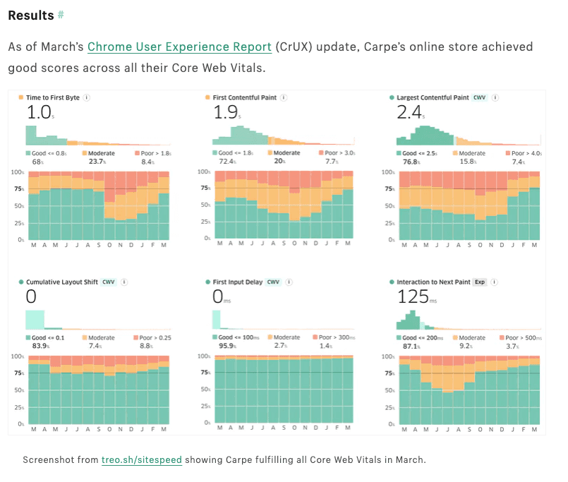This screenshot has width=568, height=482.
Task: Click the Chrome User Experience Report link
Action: [179, 47]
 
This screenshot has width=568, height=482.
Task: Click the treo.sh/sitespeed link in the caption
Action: [141, 459]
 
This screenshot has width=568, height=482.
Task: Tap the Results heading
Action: [31, 15]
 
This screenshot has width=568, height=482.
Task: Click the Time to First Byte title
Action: [53, 97]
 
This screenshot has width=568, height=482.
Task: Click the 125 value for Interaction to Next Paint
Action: [413, 296]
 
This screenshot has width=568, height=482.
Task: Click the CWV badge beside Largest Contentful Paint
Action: [480, 97]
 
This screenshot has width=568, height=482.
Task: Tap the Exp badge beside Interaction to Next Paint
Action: [479, 282]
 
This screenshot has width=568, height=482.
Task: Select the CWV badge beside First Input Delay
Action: [273, 282]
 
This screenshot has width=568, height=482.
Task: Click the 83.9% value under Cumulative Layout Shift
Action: [38, 346]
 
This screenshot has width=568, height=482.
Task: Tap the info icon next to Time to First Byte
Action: [86, 97]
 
